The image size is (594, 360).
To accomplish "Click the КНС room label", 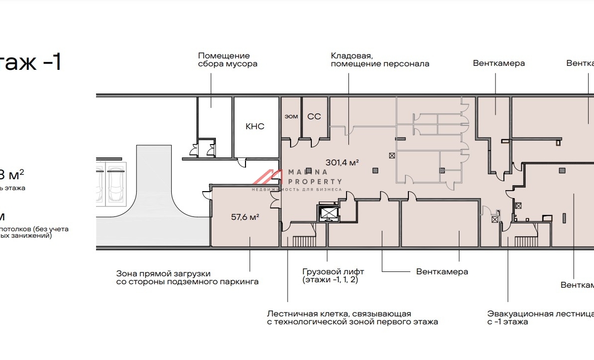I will pyautogui.click(x=255, y=126).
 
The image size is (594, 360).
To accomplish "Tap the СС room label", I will pyautogui.click(x=314, y=116).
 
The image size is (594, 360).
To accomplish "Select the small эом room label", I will pyautogui.click(x=291, y=117).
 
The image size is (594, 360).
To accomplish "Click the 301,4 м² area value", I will pyautogui.click(x=342, y=162).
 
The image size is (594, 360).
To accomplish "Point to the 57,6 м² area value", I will pyautogui.click(x=246, y=216).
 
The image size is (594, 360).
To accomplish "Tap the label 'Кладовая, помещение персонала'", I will pyautogui.click(x=380, y=60).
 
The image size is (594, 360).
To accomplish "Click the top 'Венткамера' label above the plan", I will pyautogui.click(x=498, y=63).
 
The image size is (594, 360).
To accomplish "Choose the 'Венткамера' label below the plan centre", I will pyautogui.click(x=442, y=271).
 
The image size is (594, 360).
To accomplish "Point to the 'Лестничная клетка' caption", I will pyautogui.click(x=339, y=314).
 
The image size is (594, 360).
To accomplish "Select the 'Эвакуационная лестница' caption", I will pyautogui.click(x=540, y=314).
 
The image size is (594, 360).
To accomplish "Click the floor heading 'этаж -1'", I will pyautogui.click(x=30, y=63).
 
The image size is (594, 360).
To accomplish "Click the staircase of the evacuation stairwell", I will pyautogui.click(x=525, y=241).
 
